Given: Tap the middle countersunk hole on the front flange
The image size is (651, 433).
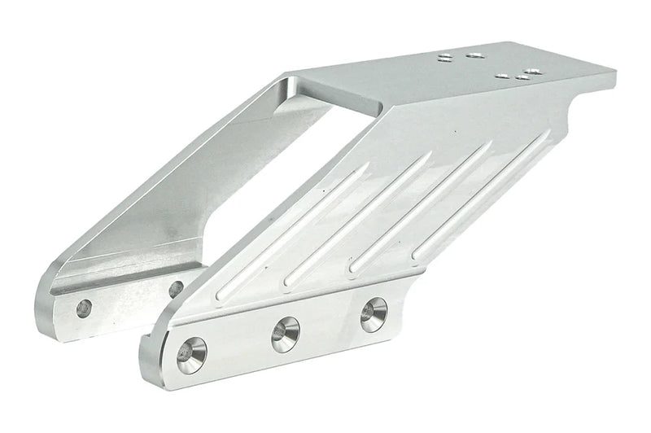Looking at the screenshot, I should tap(285, 334).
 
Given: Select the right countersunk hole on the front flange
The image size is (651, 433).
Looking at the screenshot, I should tap(374, 314).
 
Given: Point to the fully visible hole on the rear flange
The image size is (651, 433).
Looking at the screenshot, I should tap(84, 308).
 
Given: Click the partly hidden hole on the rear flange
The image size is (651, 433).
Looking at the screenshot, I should tap(175, 288).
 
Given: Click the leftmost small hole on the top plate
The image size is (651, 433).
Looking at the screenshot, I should tap(444, 59).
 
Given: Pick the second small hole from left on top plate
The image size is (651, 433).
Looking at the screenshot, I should tap(474, 55).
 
